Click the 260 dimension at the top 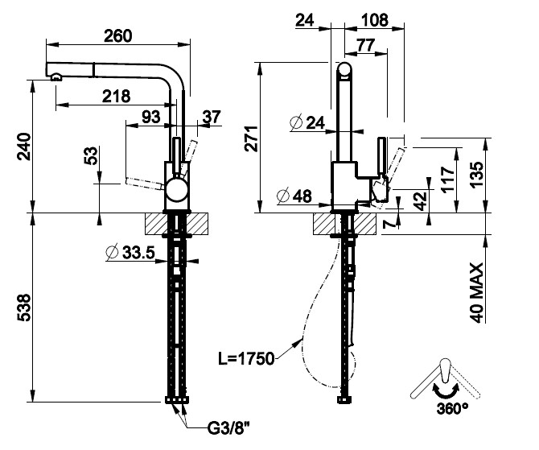coord(117,35)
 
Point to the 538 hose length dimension coord(24,307)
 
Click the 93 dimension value coord(150,117)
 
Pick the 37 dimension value coord(212,117)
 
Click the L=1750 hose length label coord(247,358)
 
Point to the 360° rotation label coord(453,408)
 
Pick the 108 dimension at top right coord(372,19)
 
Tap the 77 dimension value coord(364,46)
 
